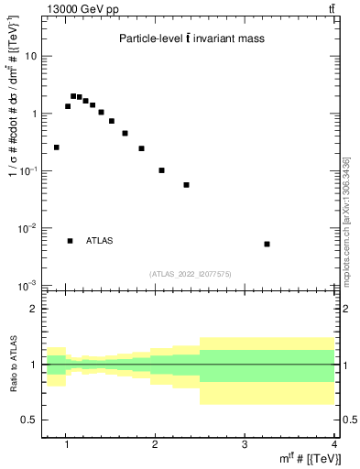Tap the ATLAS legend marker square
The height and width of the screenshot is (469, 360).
[x=70, y=241]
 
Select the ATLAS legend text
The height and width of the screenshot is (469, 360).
[x=100, y=241]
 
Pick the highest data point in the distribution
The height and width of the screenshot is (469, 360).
[x=73, y=95]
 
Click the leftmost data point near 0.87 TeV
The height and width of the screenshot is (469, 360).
[x=57, y=147]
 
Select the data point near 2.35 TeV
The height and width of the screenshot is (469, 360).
[x=186, y=185]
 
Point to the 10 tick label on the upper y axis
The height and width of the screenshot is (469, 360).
[x=29, y=56]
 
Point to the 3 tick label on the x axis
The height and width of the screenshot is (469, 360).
[x=245, y=446]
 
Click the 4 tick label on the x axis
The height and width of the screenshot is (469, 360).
[x=333, y=446]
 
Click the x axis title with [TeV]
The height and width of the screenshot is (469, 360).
[x=312, y=459]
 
